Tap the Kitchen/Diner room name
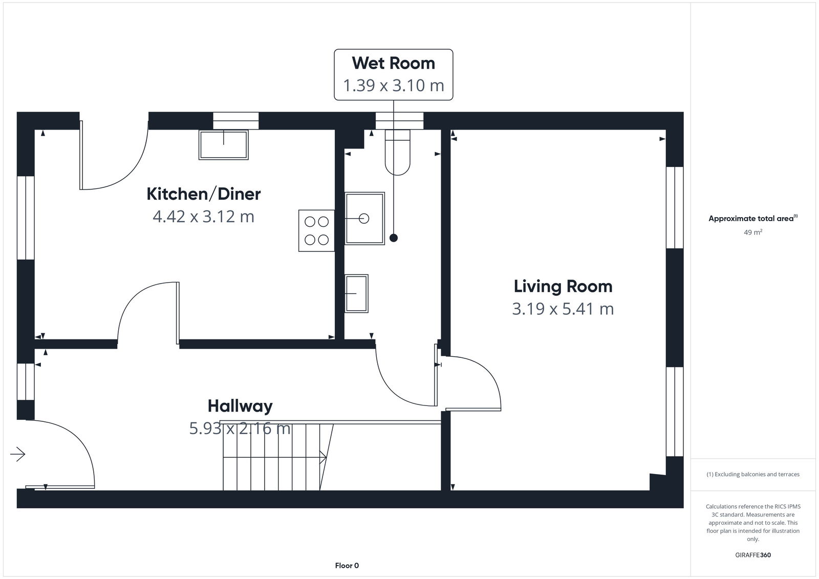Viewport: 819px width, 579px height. click(204, 194)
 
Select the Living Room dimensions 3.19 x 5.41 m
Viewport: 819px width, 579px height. click(563, 309)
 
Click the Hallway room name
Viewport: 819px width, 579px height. click(240, 406)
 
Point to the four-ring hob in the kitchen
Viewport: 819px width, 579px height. click(316, 230)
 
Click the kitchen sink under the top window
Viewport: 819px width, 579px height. click(224, 144)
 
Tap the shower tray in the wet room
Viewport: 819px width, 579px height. click(364, 219)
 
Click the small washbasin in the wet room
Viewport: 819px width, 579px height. click(356, 293)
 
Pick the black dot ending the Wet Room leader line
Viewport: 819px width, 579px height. click(393, 238)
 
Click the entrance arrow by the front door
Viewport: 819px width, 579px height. click(17, 454)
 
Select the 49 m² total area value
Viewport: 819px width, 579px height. click(752, 232)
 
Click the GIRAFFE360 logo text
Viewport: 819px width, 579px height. click(752, 555)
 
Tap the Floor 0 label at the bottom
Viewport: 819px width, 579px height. click(347, 566)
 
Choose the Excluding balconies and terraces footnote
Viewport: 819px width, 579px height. click(752, 474)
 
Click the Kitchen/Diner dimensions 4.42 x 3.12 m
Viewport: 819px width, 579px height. click(204, 217)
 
